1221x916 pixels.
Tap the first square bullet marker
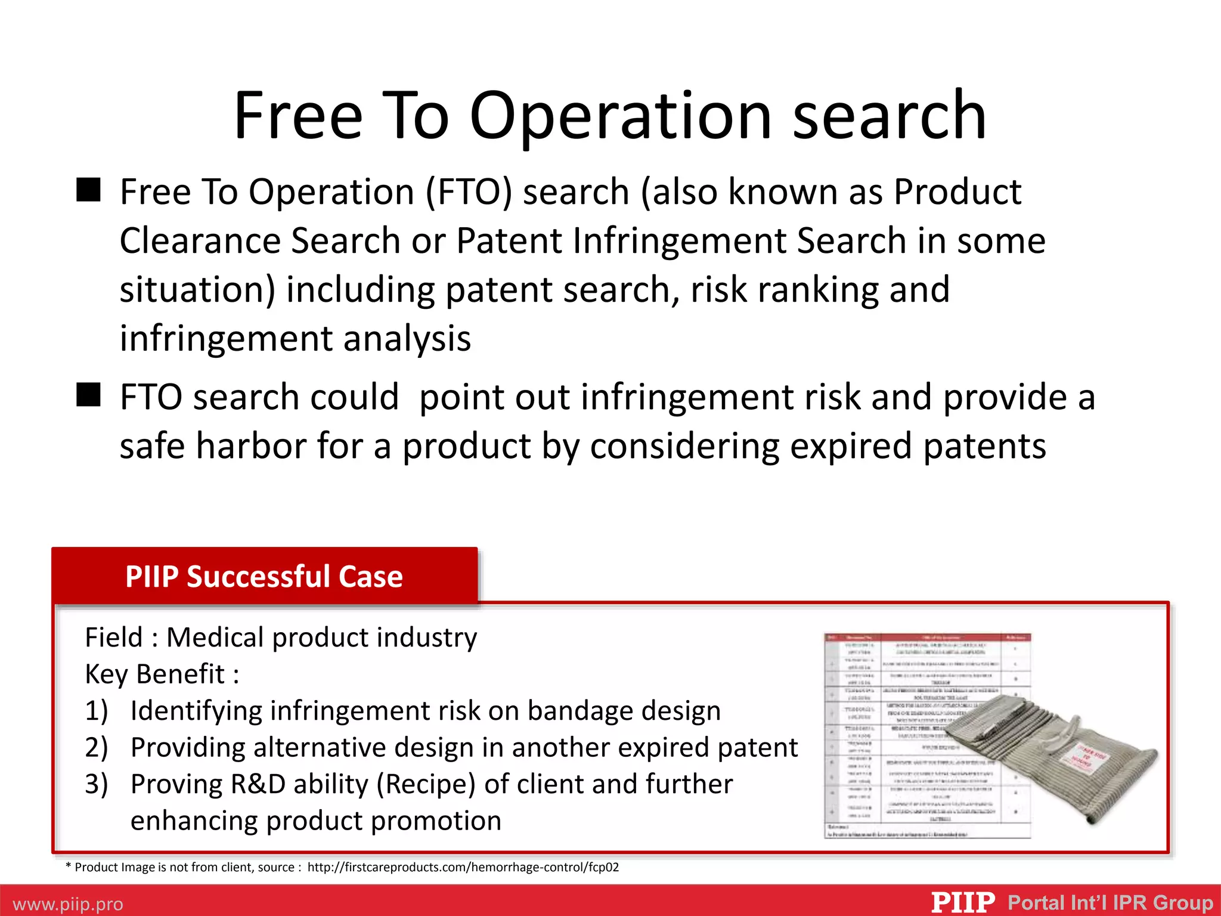[89, 190]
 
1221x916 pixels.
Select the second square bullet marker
[89, 395]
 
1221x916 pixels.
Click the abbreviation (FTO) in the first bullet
[469, 193]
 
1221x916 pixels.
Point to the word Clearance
[200, 241]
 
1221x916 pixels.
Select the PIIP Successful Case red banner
[264, 576]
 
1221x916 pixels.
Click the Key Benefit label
[162, 674]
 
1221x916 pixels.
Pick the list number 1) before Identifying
[97, 711]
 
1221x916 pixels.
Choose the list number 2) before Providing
[97, 748]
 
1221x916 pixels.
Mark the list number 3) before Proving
[97, 784]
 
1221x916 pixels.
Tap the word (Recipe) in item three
[426, 784]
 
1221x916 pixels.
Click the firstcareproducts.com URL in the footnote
[463, 867]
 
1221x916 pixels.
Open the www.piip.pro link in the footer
[68, 904]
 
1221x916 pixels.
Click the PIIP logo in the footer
[963, 902]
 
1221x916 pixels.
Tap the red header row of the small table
[928, 638]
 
